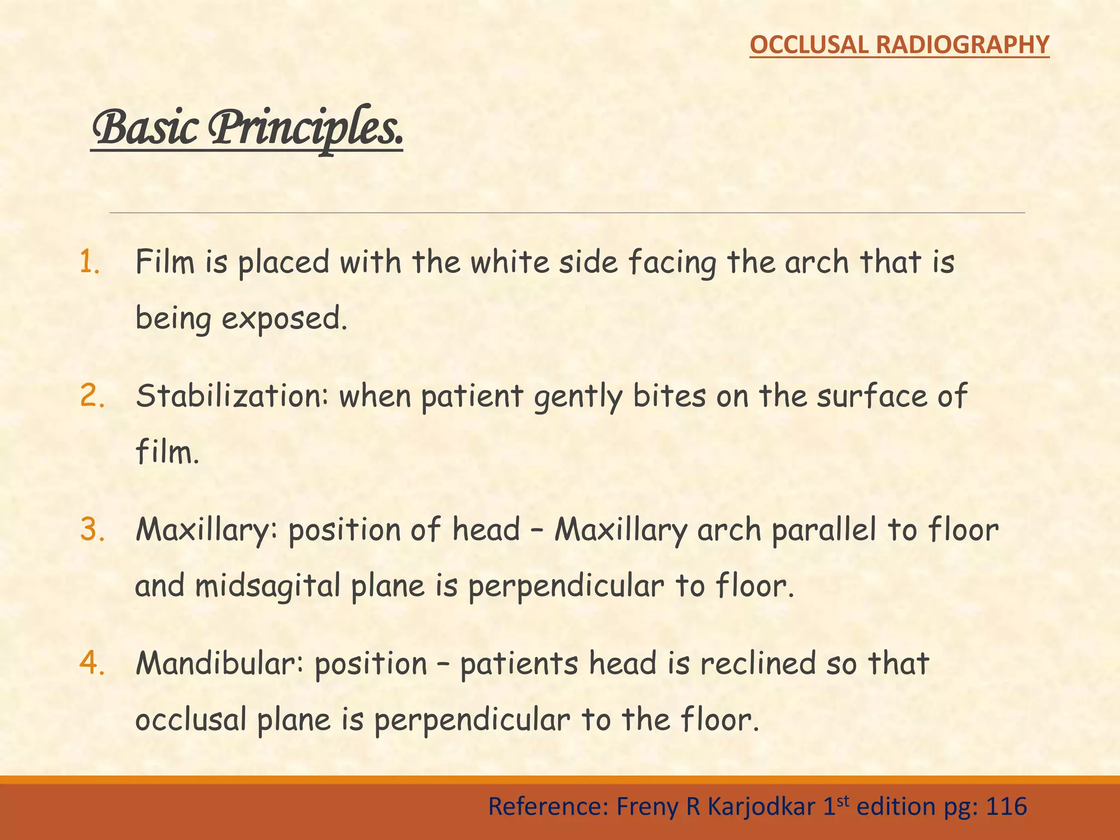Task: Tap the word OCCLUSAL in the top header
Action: (809, 45)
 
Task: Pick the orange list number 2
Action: (92, 396)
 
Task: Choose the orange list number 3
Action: (92, 529)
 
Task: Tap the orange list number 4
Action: (92, 663)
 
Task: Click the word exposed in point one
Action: (284, 319)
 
